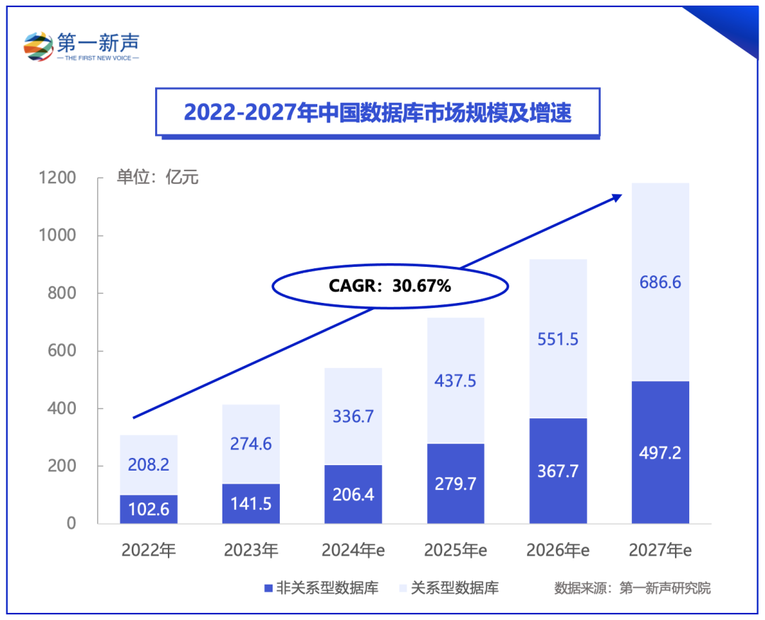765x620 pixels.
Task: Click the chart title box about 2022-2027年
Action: pos(378,113)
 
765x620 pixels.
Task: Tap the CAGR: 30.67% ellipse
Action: pos(390,287)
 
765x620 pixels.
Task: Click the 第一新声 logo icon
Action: pos(39,46)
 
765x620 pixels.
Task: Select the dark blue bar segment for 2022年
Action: pos(148,509)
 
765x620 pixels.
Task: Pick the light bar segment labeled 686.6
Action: pos(659,282)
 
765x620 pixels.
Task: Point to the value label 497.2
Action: pos(659,453)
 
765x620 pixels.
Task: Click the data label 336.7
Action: pos(353,415)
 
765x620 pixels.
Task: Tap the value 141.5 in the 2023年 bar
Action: pos(251,504)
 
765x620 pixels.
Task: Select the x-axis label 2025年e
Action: pos(455,550)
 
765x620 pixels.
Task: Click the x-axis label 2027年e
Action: pos(659,550)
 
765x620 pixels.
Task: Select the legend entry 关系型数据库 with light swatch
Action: pos(449,587)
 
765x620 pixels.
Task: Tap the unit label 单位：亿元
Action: pos(157,177)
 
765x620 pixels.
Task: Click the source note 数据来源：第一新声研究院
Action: pos(632,587)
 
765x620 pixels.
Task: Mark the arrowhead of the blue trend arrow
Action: pos(616,197)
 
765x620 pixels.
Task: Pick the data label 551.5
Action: pos(557,339)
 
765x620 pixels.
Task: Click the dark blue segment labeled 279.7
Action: pos(455,484)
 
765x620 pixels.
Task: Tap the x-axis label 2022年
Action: pos(148,550)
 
